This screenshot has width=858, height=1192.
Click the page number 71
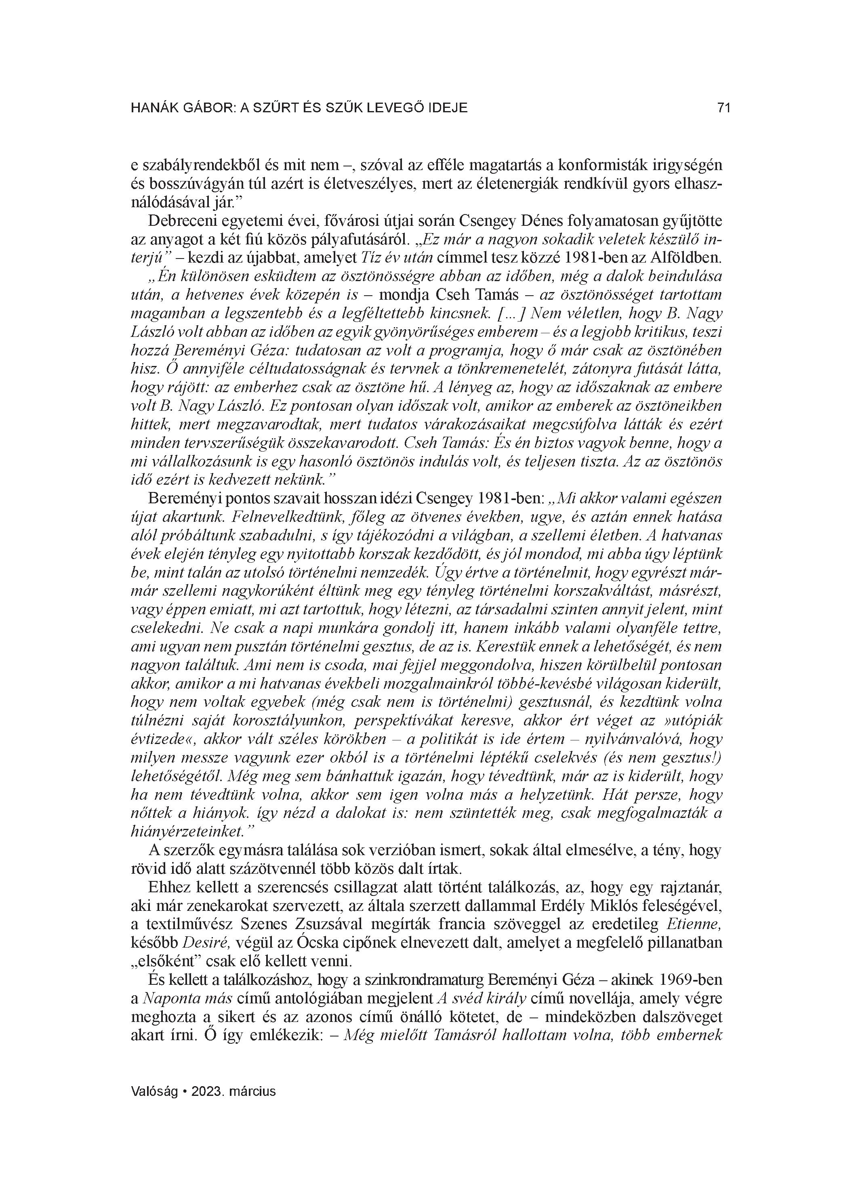coord(723,108)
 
